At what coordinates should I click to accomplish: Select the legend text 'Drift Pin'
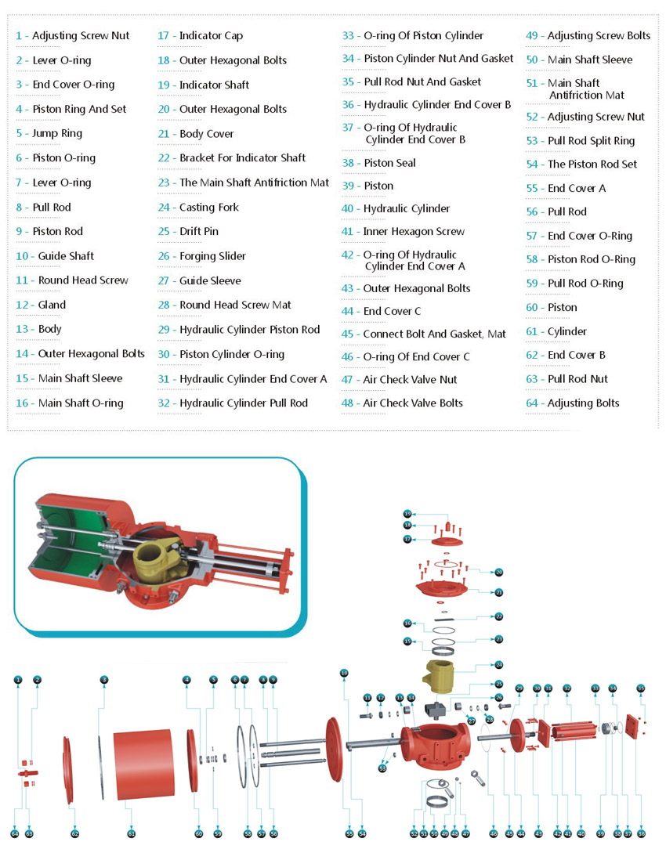point(199,232)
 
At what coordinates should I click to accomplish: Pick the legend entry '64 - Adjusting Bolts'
point(573,403)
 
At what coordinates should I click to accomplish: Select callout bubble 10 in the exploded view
point(343,673)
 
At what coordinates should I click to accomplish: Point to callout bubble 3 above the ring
point(103,679)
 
